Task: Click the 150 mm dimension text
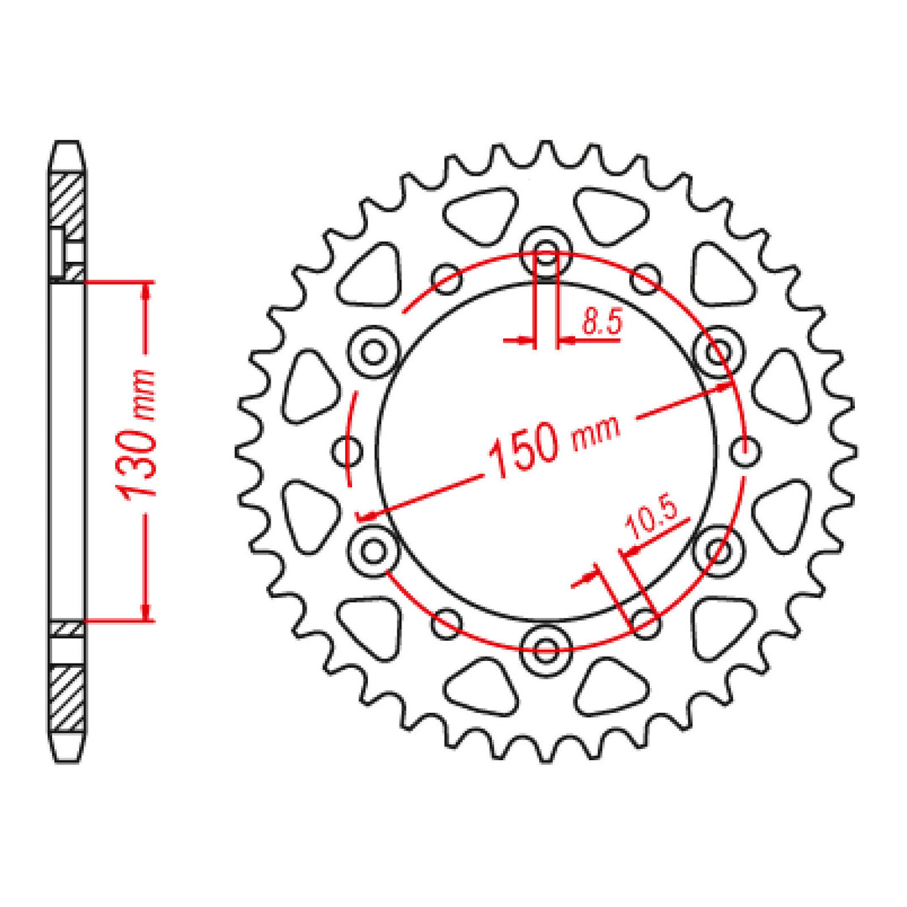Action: coord(555,444)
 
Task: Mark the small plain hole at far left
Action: coord(347,451)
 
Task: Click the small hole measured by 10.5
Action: coord(645,622)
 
